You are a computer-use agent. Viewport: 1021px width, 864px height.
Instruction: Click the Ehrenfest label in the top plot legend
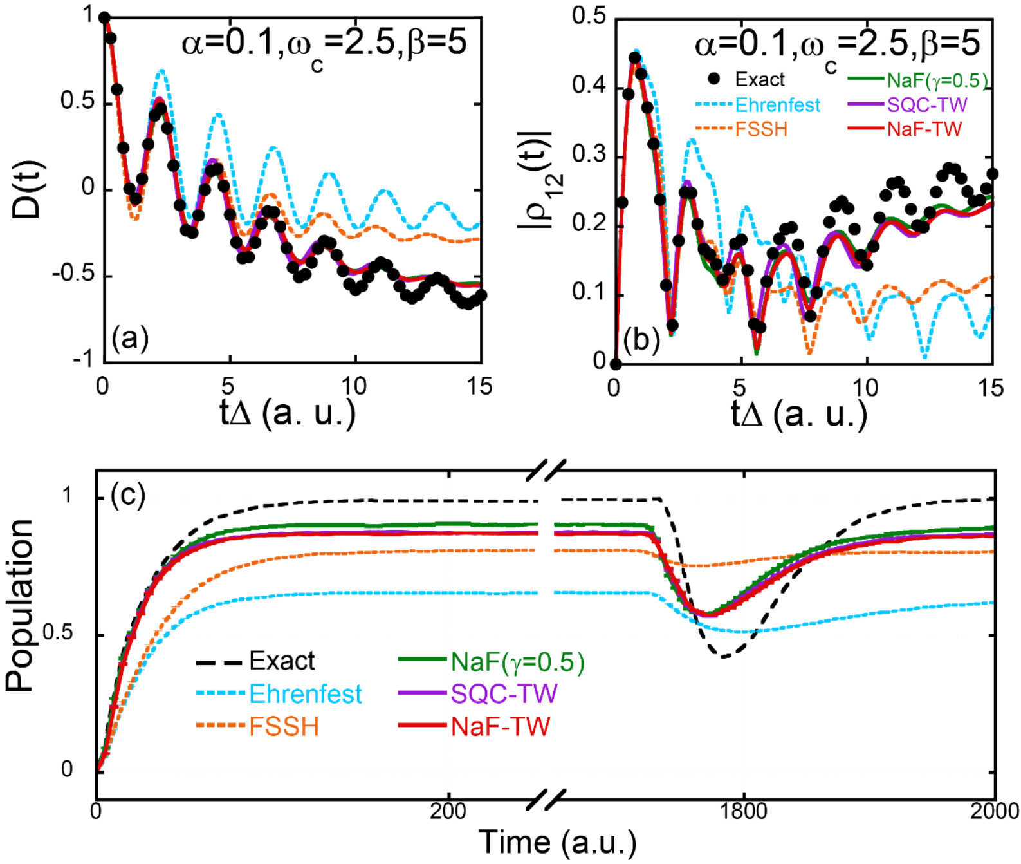tap(778, 105)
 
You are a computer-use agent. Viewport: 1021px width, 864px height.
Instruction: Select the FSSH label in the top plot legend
tap(762, 129)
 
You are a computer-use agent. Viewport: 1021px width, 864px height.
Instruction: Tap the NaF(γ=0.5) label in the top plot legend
tap(937, 80)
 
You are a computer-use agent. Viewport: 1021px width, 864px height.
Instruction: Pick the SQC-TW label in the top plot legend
tap(927, 105)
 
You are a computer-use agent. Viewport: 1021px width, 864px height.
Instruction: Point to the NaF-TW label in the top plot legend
tap(924, 129)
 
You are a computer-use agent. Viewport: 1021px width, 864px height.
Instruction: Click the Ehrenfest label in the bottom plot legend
tap(306, 694)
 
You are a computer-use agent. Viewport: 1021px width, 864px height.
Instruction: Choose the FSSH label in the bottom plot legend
tap(284, 727)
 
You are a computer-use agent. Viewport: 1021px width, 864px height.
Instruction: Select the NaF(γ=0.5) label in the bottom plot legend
tap(518, 662)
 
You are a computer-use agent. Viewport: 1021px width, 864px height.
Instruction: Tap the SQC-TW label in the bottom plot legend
tap(504, 694)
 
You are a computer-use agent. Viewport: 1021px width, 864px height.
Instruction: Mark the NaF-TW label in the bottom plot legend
tap(501, 727)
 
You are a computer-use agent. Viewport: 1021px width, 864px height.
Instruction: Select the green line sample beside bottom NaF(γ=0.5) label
tap(423, 659)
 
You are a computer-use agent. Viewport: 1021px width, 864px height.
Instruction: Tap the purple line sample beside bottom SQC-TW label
tap(423, 693)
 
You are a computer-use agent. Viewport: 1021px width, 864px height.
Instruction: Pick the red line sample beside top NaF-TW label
tap(866, 129)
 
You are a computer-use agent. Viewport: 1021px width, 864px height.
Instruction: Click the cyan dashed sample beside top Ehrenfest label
tap(714, 104)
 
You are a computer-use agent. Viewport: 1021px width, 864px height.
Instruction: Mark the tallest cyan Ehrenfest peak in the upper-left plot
tap(161, 70)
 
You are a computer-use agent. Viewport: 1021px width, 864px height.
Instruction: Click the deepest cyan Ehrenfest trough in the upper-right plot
tap(925, 353)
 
